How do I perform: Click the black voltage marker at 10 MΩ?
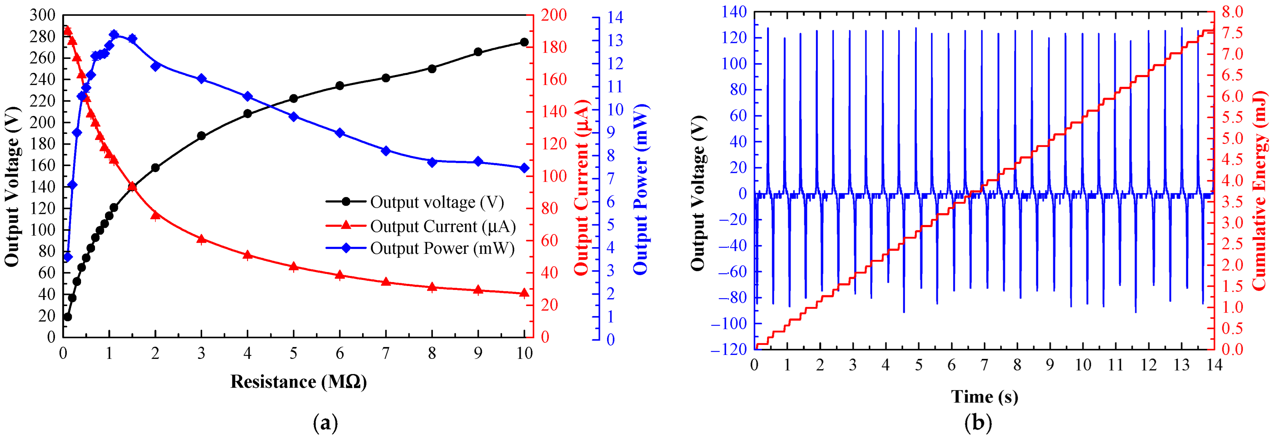524,42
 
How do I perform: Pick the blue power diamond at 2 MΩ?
156,66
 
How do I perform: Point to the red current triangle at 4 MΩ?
247,255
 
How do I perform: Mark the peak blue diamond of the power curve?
114,35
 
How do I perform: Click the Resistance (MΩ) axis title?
299,382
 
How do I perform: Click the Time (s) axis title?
984,396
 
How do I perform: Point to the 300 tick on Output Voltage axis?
42,15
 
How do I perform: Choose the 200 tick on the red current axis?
554,15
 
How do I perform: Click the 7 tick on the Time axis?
984,365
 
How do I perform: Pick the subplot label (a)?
326,423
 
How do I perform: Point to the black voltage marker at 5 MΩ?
294,98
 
